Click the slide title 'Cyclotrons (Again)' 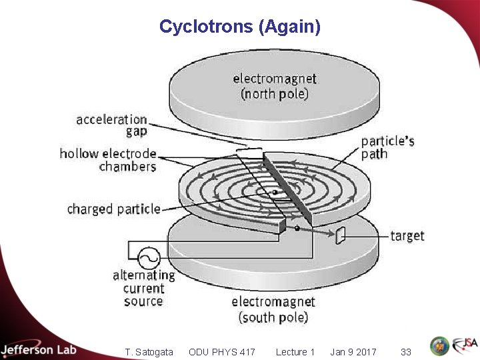click(x=240, y=27)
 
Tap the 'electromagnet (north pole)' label click(x=274, y=86)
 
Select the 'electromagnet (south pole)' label click(x=273, y=309)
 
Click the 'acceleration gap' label click(x=111, y=125)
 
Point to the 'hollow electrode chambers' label click(x=108, y=160)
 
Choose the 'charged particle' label click(x=113, y=209)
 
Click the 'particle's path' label click(x=387, y=147)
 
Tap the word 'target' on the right click(x=407, y=236)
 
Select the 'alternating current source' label click(x=143, y=288)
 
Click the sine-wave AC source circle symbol click(x=148, y=257)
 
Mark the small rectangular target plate click(x=341, y=235)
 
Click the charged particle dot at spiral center click(x=274, y=192)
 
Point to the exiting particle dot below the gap click(x=297, y=228)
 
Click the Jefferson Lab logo click(x=39, y=350)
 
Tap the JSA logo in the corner click(x=465, y=345)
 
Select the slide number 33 click(x=405, y=352)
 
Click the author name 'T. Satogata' click(x=149, y=352)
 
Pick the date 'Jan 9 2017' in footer click(x=353, y=352)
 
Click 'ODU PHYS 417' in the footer click(x=222, y=352)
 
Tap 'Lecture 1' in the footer click(x=295, y=352)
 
